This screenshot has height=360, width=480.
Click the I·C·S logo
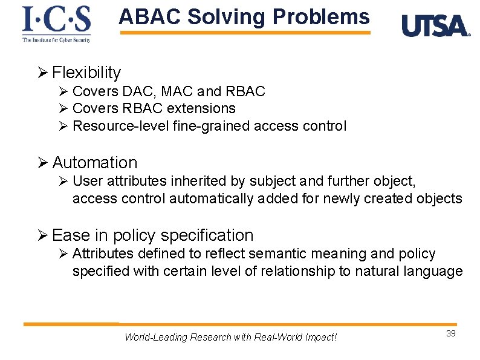tap(56, 23)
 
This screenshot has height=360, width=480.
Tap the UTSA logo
tap(435, 26)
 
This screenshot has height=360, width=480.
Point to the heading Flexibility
tap(86, 73)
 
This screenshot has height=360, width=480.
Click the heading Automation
tap(95, 163)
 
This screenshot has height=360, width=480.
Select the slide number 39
tap(450, 334)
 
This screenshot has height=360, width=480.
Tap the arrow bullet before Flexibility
tap(42, 73)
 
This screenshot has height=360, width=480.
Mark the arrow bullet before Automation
tap(42, 163)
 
